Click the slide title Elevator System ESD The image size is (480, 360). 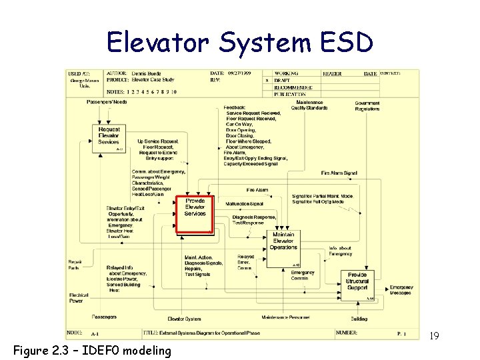(x=240, y=42)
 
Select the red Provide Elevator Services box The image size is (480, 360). (x=195, y=214)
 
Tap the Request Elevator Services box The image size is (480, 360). (x=109, y=136)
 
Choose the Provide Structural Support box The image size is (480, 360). (x=357, y=281)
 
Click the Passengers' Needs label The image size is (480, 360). (x=107, y=102)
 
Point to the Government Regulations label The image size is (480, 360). (x=367, y=106)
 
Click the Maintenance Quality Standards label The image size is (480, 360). (x=309, y=105)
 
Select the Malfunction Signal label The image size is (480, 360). (x=245, y=203)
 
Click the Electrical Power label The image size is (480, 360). (x=79, y=297)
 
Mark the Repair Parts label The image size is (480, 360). (x=75, y=265)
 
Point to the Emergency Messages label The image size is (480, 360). (x=401, y=290)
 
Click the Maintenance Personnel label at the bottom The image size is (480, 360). (x=285, y=317)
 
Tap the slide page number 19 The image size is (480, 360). (x=433, y=334)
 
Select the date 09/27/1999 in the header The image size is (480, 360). (x=239, y=73)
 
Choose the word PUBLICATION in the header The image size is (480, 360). (x=293, y=95)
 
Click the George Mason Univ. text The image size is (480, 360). (x=85, y=83)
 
